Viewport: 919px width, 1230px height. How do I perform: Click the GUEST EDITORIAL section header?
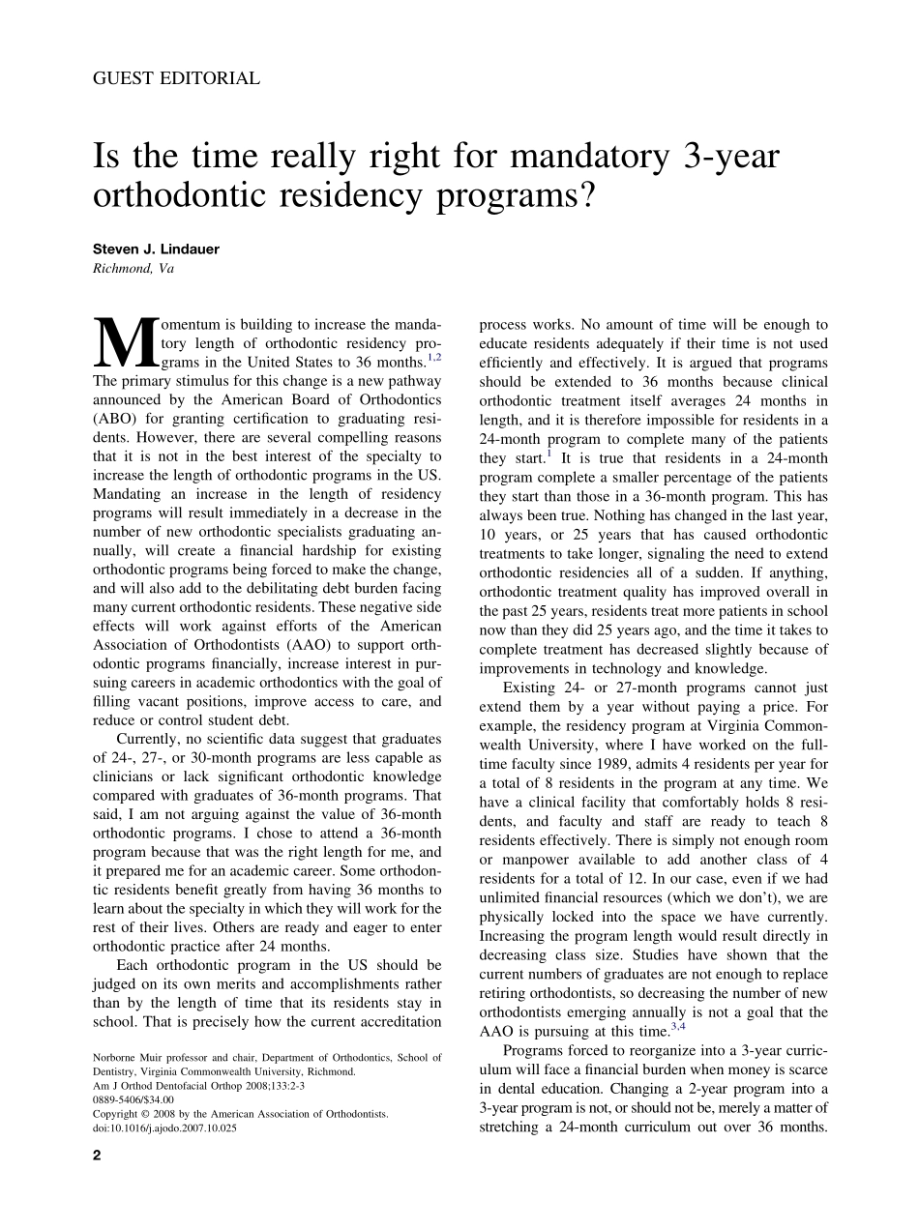176,79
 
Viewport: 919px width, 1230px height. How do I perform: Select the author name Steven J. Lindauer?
156,249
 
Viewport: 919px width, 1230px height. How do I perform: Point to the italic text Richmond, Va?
133,269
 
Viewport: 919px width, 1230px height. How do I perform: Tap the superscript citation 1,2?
434,356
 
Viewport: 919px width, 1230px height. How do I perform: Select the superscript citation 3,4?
678,1027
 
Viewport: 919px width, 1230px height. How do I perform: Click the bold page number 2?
97,1155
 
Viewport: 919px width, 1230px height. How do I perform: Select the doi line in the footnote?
164,1127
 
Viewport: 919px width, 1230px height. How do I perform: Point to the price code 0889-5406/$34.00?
133,1099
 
